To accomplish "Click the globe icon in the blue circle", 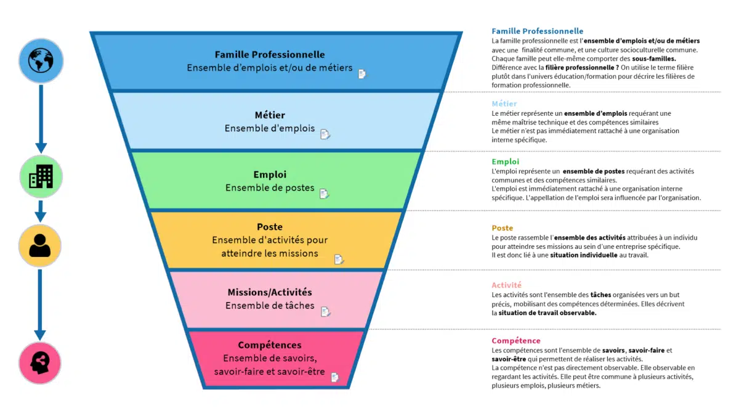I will [x=41, y=60].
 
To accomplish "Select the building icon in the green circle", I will [x=41, y=176].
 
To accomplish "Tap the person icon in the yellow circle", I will [x=40, y=245].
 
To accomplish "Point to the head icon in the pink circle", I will [x=40, y=363].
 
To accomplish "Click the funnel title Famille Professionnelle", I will [x=270, y=55].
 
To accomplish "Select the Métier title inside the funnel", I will [x=270, y=115].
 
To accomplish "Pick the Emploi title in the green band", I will [x=270, y=174].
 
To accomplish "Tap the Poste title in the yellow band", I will [x=270, y=227].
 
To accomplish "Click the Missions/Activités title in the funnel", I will [x=270, y=292].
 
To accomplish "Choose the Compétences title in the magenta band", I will [x=270, y=345].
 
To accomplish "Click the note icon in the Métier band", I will [x=325, y=134].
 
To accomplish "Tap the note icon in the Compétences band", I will [x=335, y=377].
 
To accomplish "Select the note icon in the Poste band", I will [x=339, y=259].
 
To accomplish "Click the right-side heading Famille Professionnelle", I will [x=537, y=31].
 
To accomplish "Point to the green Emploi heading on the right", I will [x=505, y=161].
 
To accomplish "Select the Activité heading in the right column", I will [x=506, y=285].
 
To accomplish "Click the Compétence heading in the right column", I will [x=516, y=341].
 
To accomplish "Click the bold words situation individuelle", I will [x=583, y=255].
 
